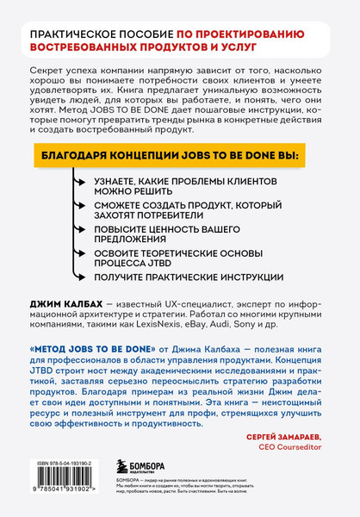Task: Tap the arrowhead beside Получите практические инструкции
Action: (x=76, y=277)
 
